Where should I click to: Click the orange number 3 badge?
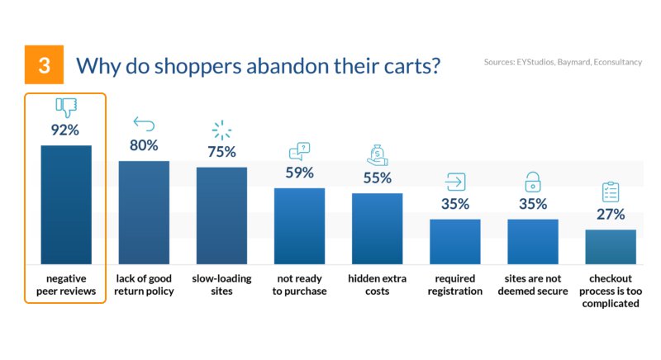[44, 65]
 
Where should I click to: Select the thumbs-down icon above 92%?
[66, 107]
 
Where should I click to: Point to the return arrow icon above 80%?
[144, 124]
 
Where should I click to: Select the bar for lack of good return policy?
[144, 212]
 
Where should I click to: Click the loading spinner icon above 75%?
[221, 130]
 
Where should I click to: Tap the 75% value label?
[221, 152]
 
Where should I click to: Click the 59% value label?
[299, 173]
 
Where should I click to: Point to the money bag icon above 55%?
[377, 155]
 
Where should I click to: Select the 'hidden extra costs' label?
[377, 285]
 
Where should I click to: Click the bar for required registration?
[454, 241]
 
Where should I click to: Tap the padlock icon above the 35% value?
[533, 181]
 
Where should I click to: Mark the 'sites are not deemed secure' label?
[533, 285]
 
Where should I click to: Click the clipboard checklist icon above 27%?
[611, 192]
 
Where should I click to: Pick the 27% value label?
[611, 215]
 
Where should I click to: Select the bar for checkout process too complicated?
[611, 246]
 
